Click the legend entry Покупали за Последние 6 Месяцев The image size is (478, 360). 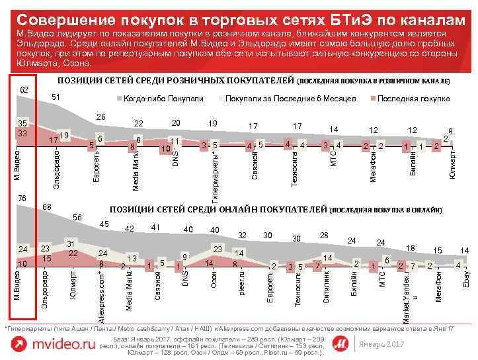pyautogui.click(x=290, y=99)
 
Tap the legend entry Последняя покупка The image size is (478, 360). pyautogui.click(x=413, y=99)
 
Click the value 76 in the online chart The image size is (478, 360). pyautogui.click(x=22, y=199)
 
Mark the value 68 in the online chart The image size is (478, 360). pyautogui.click(x=48, y=208)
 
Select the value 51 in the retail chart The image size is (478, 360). pyautogui.click(x=57, y=98)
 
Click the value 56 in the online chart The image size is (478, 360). pyautogui.click(x=77, y=218)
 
